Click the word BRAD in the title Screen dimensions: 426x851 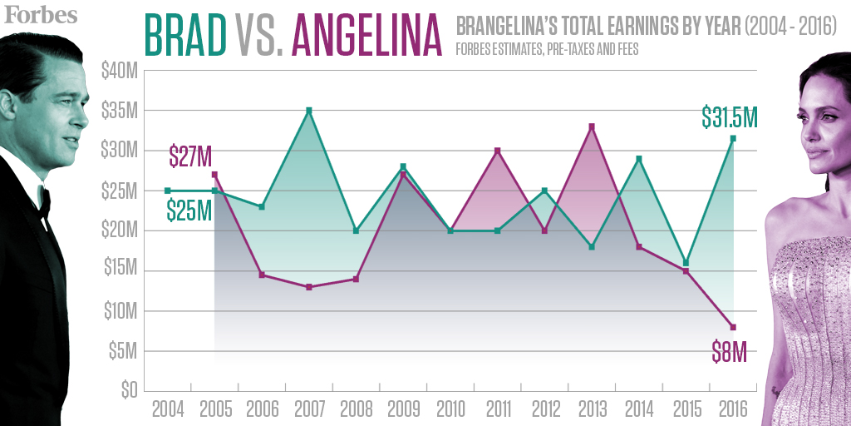click(x=185, y=34)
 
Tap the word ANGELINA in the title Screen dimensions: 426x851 click(x=366, y=34)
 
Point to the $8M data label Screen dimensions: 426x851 click(x=729, y=352)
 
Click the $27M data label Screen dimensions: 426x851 click(x=190, y=156)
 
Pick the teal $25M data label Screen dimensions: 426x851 click(x=189, y=211)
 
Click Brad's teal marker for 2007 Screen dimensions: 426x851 click(x=309, y=111)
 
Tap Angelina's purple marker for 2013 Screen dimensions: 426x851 click(x=592, y=126)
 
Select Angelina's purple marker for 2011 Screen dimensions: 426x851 click(x=497, y=151)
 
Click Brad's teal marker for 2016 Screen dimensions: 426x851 click(x=733, y=138)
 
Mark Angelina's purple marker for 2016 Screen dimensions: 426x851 click(x=733, y=326)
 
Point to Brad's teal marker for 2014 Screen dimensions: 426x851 click(x=639, y=158)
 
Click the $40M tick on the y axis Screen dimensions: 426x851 click(x=119, y=72)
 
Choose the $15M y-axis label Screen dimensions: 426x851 click(x=119, y=271)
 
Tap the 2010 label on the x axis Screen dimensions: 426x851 click(x=450, y=409)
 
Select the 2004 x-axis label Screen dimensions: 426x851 click(x=168, y=409)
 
